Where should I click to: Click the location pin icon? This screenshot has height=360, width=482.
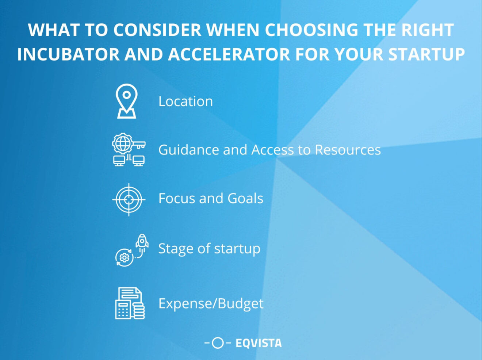[x=126, y=101]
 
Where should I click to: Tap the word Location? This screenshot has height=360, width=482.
[x=185, y=102]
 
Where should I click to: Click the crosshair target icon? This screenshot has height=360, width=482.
[x=129, y=199]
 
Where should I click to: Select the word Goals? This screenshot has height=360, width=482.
[x=245, y=199]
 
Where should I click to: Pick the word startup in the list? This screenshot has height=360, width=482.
[x=237, y=249]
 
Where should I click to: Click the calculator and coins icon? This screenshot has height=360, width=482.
[x=130, y=303]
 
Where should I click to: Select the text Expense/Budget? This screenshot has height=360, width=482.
[x=211, y=303]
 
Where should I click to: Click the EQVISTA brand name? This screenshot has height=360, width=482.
[x=259, y=343]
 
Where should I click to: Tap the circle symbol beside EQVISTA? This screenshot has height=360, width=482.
[x=218, y=343]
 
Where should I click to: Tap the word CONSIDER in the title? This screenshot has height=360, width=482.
[x=157, y=30]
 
